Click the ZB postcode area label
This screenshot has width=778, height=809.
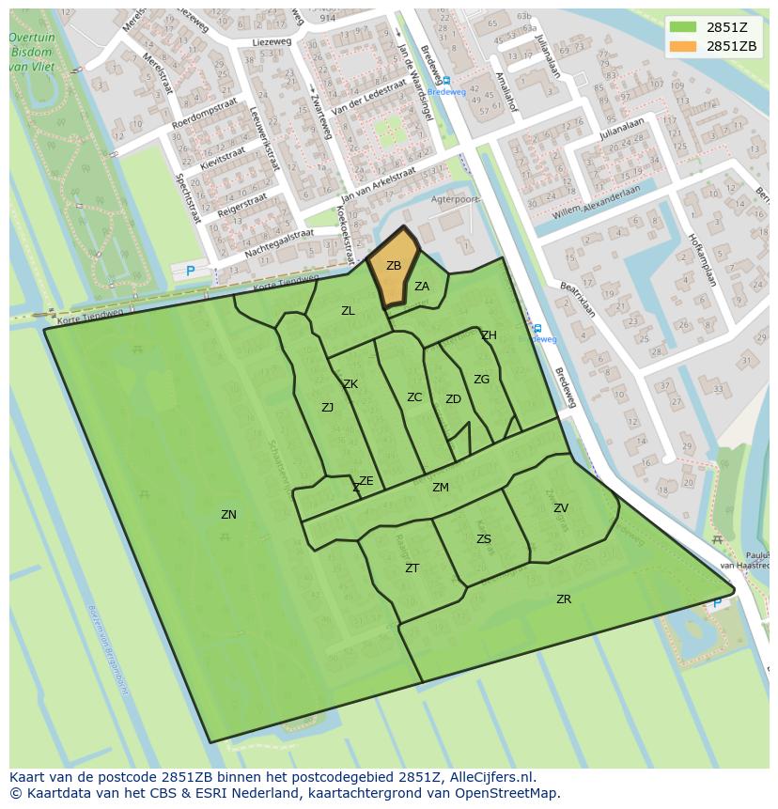point(394,266)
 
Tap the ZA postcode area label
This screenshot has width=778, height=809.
point(422,287)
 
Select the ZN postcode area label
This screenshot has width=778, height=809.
point(228,515)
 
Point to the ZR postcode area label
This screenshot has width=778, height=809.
point(564,599)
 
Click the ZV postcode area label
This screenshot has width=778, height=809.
point(561,508)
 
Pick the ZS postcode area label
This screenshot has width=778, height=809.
point(483,539)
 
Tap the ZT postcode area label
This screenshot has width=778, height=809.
point(412,568)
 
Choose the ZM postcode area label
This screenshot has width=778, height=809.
point(441,488)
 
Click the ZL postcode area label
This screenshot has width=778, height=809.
point(348,311)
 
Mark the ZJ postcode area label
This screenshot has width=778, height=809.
point(327,408)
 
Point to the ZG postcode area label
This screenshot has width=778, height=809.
point(481,380)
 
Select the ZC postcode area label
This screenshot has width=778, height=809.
point(414,397)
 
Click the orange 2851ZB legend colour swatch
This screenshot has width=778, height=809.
point(683,46)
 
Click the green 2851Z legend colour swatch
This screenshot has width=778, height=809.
point(683,26)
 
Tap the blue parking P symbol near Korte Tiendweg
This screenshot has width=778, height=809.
point(191,272)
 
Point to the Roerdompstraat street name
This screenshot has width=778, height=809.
point(205,117)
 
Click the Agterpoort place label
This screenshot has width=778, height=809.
point(455,200)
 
